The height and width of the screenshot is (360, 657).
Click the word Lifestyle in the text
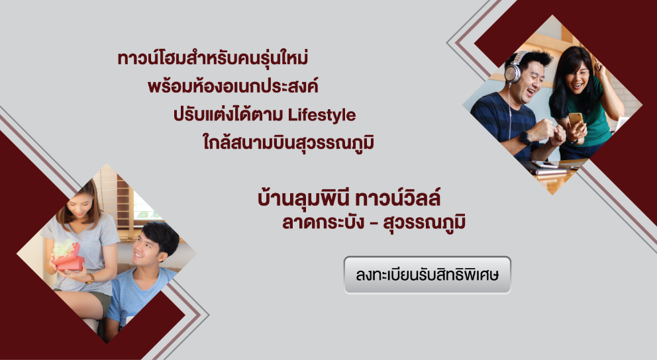(322, 115)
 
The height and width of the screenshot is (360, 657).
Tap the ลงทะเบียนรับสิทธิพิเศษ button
(427, 275)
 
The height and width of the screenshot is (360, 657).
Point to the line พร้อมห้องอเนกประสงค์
(233, 86)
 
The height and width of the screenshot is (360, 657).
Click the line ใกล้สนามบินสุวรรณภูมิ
(288, 142)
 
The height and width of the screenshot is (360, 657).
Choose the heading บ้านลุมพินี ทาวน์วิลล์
(349, 198)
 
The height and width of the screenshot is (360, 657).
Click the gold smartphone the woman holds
(576, 118)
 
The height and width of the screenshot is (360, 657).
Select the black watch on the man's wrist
(524, 137)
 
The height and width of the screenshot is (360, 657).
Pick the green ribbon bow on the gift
(64, 247)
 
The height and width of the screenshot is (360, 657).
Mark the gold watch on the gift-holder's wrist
(90, 279)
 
